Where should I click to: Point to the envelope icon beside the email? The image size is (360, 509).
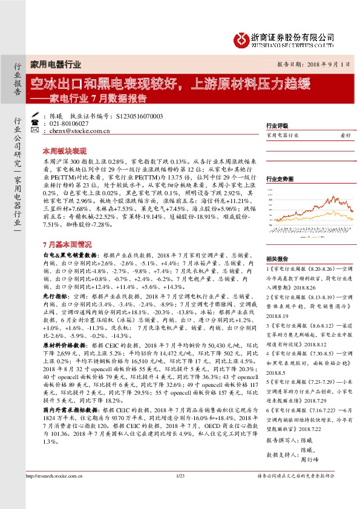pyautogui.click(x=36, y=129)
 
